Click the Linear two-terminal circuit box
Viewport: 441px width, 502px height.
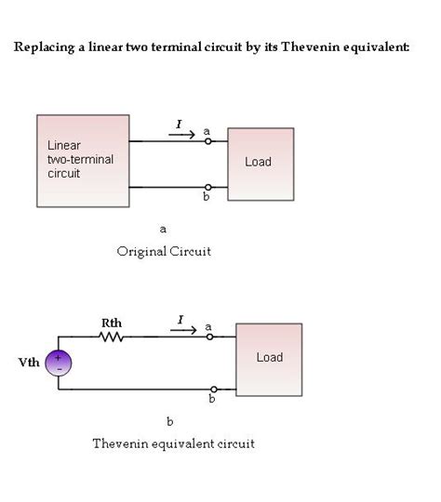[83, 161]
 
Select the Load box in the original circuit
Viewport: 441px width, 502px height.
[261, 165]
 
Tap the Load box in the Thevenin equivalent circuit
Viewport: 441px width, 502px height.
[269, 360]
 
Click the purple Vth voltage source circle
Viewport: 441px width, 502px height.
[59, 363]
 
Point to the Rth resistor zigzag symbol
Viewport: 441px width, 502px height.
[111, 337]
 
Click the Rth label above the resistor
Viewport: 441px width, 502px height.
[112, 323]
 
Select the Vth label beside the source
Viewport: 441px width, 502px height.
[29, 363]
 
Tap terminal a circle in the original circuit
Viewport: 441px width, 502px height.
[208, 141]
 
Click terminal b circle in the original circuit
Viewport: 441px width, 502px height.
[208, 187]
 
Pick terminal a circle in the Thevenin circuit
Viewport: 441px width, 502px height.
[209, 337]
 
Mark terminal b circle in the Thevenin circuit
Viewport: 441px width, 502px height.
[214, 390]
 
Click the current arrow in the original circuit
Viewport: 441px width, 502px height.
[181, 135]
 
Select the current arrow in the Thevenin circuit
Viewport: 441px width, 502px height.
[183, 330]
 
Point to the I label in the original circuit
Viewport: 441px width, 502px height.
[180, 124]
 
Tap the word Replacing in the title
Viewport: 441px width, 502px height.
[45, 47]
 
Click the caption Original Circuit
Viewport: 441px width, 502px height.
[164, 252]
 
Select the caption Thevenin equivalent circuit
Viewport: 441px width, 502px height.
[173, 443]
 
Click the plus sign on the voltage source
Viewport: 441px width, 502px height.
[58, 358]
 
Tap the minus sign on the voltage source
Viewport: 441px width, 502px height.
[60, 369]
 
